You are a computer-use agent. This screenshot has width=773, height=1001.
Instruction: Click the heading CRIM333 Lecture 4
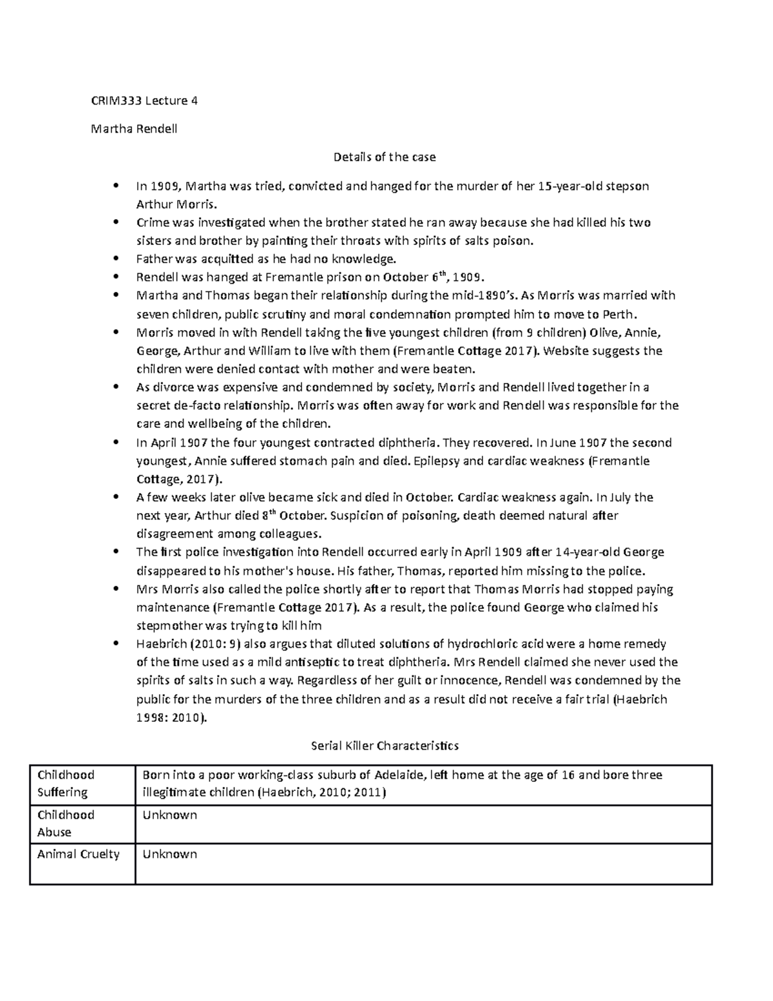[144, 101]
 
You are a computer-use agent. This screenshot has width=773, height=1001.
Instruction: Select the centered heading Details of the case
[384, 157]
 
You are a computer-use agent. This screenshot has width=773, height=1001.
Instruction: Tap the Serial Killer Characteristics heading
[385, 746]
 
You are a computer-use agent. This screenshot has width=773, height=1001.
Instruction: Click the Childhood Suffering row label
[66, 783]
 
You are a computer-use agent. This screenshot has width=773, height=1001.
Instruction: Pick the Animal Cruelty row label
[79, 854]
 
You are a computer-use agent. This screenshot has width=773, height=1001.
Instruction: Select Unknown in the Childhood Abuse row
[169, 815]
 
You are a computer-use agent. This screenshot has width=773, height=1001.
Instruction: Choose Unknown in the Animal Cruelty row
[169, 854]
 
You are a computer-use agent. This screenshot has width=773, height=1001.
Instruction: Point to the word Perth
[618, 315]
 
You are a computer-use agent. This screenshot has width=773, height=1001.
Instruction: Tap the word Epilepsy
[437, 461]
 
